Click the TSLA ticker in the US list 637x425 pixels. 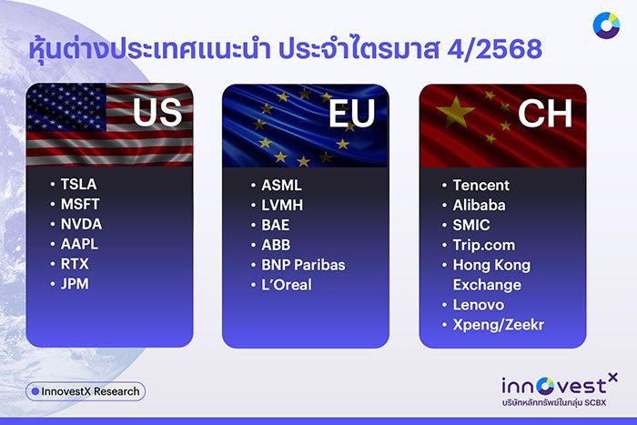[78, 185]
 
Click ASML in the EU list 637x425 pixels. [281, 185]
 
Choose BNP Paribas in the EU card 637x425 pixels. [303, 265]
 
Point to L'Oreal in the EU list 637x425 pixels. [286, 285]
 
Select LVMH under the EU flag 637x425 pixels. [282, 205]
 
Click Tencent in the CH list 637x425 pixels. [481, 185]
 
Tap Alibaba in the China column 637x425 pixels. [479, 205]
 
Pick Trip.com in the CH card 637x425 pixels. [483, 245]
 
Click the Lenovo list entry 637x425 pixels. [478, 305]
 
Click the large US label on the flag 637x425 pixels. [158, 114]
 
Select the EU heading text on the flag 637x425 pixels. [353, 114]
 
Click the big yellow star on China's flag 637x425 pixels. [456, 112]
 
